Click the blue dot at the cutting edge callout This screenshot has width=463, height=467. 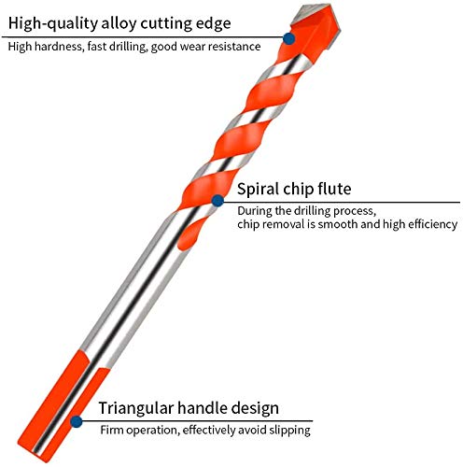click(289, 39)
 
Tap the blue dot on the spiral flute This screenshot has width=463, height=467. click(217, 201)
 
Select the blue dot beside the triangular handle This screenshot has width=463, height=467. click(77, 422)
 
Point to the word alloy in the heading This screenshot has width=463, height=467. click(119, 23)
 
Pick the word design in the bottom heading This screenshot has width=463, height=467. click(255, 408)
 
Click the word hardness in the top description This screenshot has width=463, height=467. click(59, 47)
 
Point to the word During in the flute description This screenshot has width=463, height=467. click(255, 211)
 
